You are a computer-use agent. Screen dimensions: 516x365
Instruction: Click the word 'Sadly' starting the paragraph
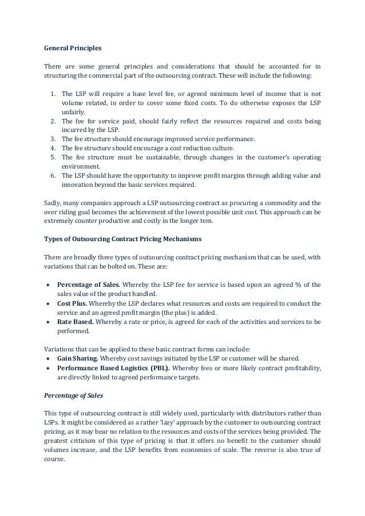53,203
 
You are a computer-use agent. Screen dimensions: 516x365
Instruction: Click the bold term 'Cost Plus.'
72,303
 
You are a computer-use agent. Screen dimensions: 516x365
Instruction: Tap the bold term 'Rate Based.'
76,322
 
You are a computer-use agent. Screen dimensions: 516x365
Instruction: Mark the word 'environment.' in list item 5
79,166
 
